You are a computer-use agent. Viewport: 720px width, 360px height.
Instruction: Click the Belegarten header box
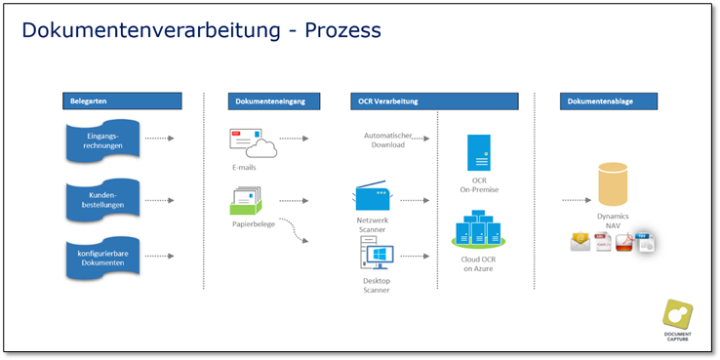pyautogui.click(x=122, y=101)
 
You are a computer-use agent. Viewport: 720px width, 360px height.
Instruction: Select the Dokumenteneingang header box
pyautogui.click(x=274, y=101)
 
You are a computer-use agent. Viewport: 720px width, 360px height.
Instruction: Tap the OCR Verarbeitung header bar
pyautogui.click(x=435, y=101)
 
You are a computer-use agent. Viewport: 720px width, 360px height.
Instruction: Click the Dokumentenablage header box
pyautogui.click(x=609, y=101)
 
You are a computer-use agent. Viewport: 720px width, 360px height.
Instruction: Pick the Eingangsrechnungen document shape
pyautogui.click(x=102, y=140)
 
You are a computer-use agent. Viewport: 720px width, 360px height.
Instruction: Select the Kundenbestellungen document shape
pyautogui.click(x=102, y=200)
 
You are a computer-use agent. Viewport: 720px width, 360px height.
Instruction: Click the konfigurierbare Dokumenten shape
pyautogui.click(x=102, y=259)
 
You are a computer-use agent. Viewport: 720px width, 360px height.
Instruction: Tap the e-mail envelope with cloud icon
pyautogui.click(x=253, y=143)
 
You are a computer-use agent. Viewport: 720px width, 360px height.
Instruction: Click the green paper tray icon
pyautogui.click(x=246, y=201)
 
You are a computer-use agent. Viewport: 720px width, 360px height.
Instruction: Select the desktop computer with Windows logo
pyautogui.click(x=377, y=253)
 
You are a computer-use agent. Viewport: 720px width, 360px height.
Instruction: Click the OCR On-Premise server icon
pyautogui.click(x=478, y=152)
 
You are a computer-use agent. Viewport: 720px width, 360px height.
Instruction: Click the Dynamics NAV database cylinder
pyautogui.click(x=613, y=183)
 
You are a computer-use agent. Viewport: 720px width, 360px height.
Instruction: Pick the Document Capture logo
pyautogui.click(x=677, y=321)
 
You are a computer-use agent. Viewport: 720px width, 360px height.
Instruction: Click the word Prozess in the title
pyautogui.click(x=343, y=30)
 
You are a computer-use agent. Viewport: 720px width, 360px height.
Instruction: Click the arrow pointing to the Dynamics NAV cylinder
pyautogui.click(x=577, y=200)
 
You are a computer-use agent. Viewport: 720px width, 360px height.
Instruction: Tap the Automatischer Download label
pyautogui.click(x=388, y=140)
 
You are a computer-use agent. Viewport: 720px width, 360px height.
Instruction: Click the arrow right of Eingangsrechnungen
pyautogui.click(x=159, y=139)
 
